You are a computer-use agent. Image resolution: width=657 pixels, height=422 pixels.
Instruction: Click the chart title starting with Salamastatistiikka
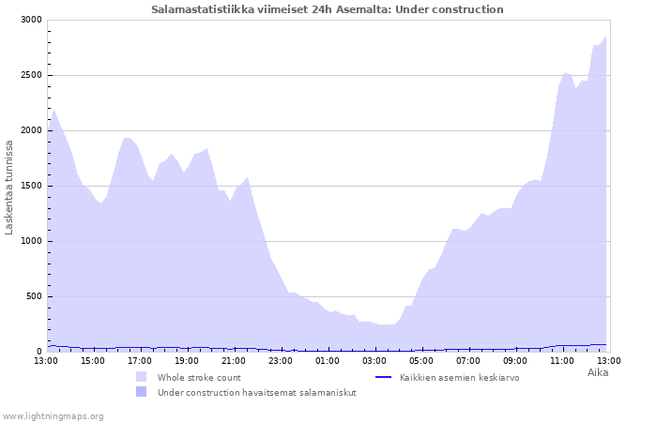(328, 9)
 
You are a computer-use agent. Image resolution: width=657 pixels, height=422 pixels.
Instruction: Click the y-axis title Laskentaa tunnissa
(9, 187)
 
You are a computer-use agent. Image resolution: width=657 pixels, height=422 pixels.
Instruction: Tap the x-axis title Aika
(598, 372)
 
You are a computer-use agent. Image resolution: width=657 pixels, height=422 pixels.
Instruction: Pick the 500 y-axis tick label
(34, 296)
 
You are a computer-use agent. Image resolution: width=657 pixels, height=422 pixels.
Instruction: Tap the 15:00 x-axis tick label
(93, 360)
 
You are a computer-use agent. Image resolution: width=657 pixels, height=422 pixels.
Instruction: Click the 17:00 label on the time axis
(140, 360)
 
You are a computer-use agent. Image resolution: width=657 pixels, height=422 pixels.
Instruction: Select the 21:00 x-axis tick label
(234, 360)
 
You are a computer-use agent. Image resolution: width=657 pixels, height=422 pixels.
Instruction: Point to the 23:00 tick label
(281, 360)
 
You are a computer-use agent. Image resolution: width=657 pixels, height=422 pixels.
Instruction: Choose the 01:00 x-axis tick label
(328, 360)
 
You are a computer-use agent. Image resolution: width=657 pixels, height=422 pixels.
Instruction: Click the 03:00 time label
(374, 360)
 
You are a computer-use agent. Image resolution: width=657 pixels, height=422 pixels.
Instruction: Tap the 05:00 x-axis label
(421, 360)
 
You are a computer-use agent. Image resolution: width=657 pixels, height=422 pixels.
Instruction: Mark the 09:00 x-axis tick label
(515, 360)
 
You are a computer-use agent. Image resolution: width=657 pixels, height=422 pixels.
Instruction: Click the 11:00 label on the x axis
(562, 360)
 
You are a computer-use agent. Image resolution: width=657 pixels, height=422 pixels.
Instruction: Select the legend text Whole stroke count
(199, 377)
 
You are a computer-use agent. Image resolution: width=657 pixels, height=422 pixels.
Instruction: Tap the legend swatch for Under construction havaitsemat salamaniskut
(142, 391)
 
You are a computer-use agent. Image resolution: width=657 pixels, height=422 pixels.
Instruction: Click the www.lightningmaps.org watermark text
(53, 415)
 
